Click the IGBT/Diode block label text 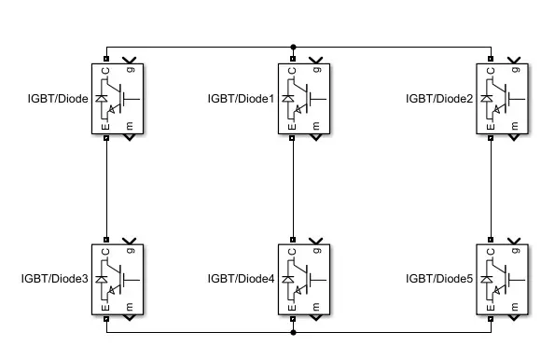(58, 98)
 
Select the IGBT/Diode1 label (241, 98)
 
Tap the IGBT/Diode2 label (438, 98)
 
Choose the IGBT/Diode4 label (241, 278)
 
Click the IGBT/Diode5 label (438, 278)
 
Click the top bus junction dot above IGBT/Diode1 (294, 45)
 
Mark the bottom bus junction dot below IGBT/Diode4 (294, 331)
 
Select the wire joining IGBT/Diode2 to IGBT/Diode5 (492, 187)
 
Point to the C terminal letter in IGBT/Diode (105, 69)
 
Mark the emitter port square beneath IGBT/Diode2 (492, 138)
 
